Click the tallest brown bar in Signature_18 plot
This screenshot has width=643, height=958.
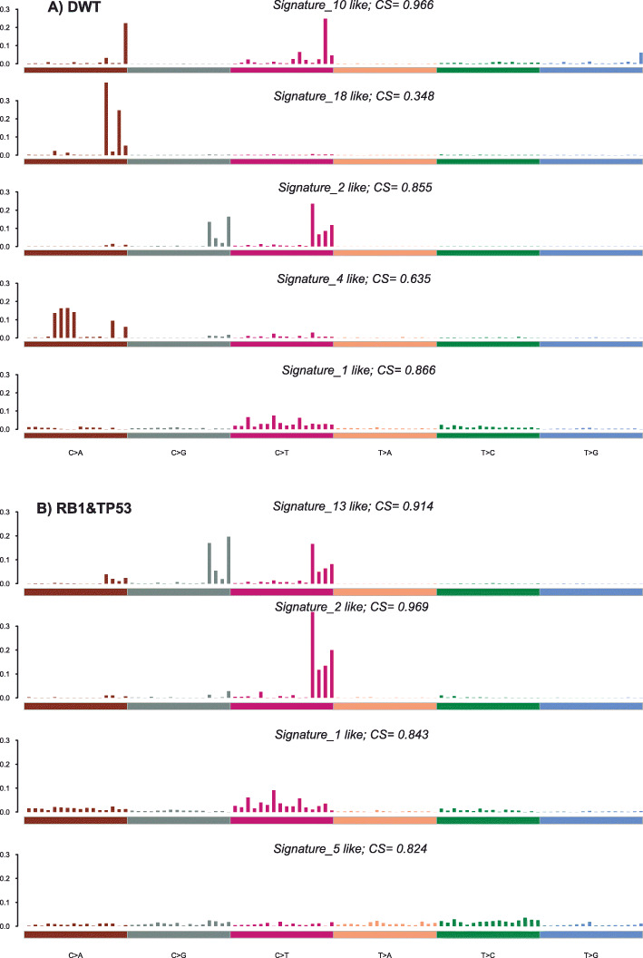[x=106, y=118]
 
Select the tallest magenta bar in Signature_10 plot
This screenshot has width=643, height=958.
[x=326, y=42]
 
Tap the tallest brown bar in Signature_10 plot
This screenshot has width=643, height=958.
[x=125, y=44]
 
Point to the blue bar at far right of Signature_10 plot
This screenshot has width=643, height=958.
[x=640, y=58]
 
